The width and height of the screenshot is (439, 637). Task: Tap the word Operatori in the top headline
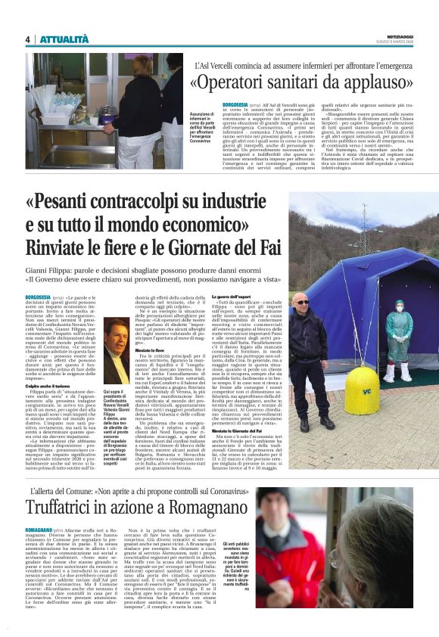[241, 81]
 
